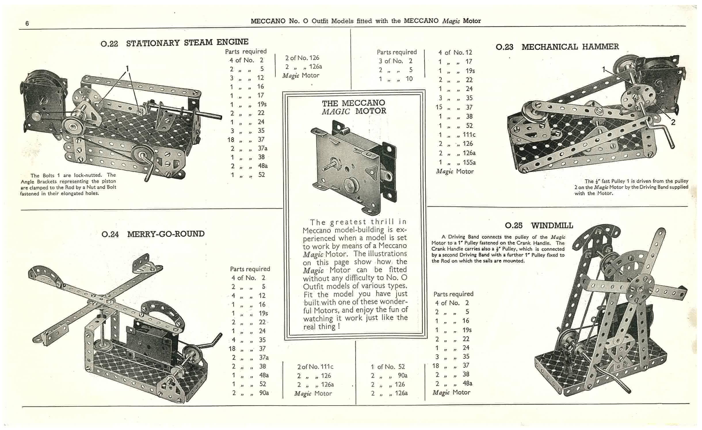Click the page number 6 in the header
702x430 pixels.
pyautogui.click(x=27, y=23)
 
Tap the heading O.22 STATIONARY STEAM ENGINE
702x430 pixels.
pyautogui.click(x=175, y=43)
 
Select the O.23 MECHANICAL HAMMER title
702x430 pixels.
pyautogui.click(x=557, y=47)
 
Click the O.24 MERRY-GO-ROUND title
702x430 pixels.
pyautogui.click(x=153, y=234)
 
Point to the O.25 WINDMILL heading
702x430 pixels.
pyautogui.click(x=539, y=225)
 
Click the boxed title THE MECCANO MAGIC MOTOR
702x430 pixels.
pyautogui.click(x=354, y=107)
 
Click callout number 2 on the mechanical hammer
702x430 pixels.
pyautogui.click(x=673, y=122)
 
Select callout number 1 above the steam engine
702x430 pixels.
pyautogui.click(x=127, y=69)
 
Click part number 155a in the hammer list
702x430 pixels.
pyautogui.click(x=469, y=162)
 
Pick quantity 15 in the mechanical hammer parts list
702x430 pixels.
pyautogui.click(x=439, y=107)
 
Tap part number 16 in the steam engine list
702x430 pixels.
pyautogui.click(x=260, y=87)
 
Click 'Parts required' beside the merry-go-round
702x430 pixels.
pyautogui.click(x=250, y=269)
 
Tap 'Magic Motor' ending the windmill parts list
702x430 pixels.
pyautogui.click(x=451, y=392)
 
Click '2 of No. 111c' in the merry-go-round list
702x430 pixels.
pyautogui.click(x=315, y=367)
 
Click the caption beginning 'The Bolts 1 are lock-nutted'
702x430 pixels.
pyautogui.click(x=68, y=184)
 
